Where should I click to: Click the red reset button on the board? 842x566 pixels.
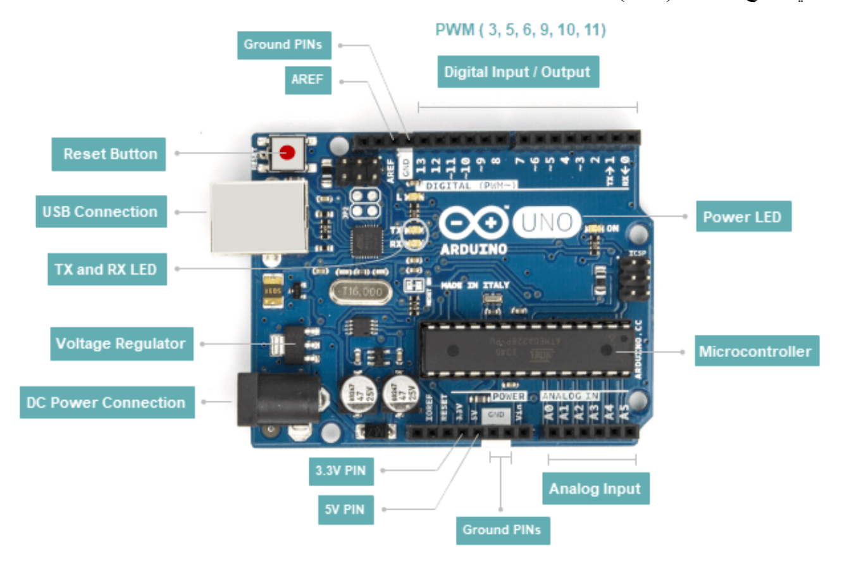[x=288, y=153]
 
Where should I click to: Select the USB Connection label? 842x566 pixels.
[x=101, y=211]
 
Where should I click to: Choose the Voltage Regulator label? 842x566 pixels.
[x=121, y=344]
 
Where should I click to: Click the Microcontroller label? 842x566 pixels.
[x=755, y=351]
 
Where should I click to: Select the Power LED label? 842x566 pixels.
[x=742, y=217]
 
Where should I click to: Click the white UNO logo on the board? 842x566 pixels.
[x=546, y=222]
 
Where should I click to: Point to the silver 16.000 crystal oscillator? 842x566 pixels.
[x=356, y=292]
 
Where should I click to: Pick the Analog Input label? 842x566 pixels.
[x=595, y=489]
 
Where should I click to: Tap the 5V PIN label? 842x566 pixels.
[x=345, y=508]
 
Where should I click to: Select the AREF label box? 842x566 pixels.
[x=307, y=80]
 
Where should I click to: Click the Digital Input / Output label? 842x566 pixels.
[x=517, y=72]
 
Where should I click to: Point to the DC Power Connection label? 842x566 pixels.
[x=106, y=403]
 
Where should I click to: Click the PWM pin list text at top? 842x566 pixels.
[x=521, y=30]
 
